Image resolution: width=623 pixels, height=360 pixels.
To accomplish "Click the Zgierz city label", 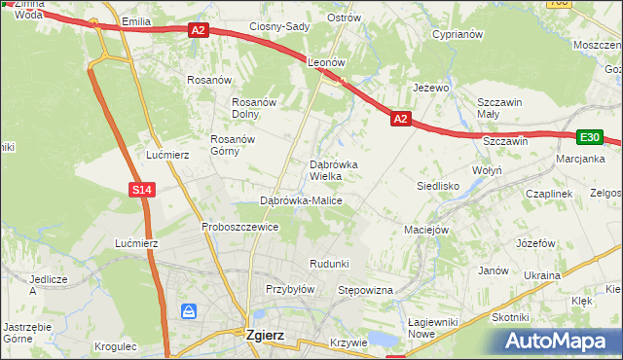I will [x=265, y=335].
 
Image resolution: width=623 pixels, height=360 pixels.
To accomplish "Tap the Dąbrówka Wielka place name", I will [x=333, y=170].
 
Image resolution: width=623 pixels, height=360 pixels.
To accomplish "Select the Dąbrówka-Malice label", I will [x=301, y=200].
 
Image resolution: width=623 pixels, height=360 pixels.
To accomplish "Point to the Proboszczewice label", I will [x=240, y=227].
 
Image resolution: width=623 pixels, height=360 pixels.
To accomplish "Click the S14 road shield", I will [x=141, y=190].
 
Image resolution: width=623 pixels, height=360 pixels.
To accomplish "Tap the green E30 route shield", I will [x=589, y=138].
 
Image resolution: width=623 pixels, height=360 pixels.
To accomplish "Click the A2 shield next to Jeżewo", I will [x=400, y=119].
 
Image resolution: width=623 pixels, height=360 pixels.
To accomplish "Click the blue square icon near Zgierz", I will [x=189, y=311].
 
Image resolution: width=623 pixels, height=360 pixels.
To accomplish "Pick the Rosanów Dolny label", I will [x=256, y=108].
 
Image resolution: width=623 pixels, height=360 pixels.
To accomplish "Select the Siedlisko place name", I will [x=437, y=185].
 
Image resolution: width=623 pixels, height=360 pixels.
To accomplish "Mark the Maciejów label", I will [x=425, y=231].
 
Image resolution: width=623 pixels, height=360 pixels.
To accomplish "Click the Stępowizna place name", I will [x=364, y=290].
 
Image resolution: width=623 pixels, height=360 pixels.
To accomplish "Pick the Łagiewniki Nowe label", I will [x=434, y=328].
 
